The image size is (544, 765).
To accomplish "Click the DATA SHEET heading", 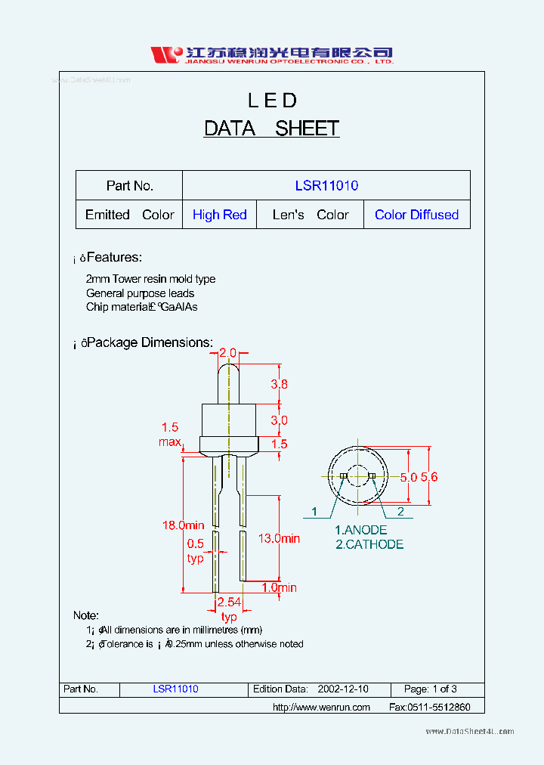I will pos(271,129).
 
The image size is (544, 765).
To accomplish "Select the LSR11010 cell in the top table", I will pos(326,185).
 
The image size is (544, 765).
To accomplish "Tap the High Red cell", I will pos(219,215).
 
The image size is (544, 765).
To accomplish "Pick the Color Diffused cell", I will pos(416,215).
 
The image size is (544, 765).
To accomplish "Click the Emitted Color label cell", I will pos(129,215).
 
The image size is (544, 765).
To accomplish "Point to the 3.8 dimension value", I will pos(279,384).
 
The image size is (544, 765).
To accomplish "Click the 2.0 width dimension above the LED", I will pos(227,353).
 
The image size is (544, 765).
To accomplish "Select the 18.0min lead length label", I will pos(184,525).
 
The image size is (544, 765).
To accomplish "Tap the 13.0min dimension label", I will pos(279,538).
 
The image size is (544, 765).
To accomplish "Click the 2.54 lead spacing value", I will pos(228,602).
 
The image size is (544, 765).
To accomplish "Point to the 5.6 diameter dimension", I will pos(429,477).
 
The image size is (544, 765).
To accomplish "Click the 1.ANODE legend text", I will pos(360,531).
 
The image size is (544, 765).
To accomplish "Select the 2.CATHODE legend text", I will pos(369,544).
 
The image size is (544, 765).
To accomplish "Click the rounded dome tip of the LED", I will pos(228,370).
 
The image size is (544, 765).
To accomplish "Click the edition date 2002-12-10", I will pos(343,689).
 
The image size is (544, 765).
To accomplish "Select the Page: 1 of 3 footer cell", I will pos(431,689).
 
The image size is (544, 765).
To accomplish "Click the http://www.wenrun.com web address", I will pos(321,707).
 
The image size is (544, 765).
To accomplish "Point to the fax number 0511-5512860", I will pos(429,707).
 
